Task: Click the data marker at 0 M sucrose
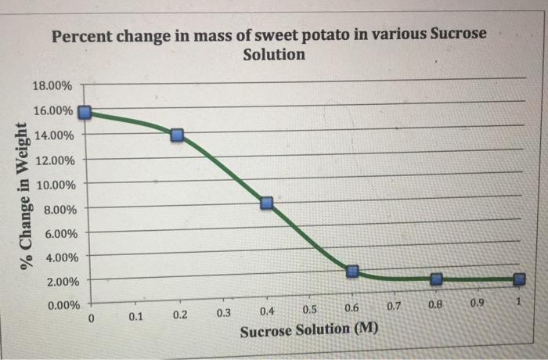[x=86, y=113]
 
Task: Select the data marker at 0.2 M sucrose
[x=178, y=135]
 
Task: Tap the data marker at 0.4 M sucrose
[x=267, y=203]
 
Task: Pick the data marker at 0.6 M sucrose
[x=352, y=272]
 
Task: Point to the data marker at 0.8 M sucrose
[x=437, y=279]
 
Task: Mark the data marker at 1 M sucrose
[x=519, y=279]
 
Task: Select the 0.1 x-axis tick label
[x=135, y=317]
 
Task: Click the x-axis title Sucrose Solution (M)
[x=308, y=330]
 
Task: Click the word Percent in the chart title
[x=84, y=36]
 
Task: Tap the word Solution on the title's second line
[x=274, y=55]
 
